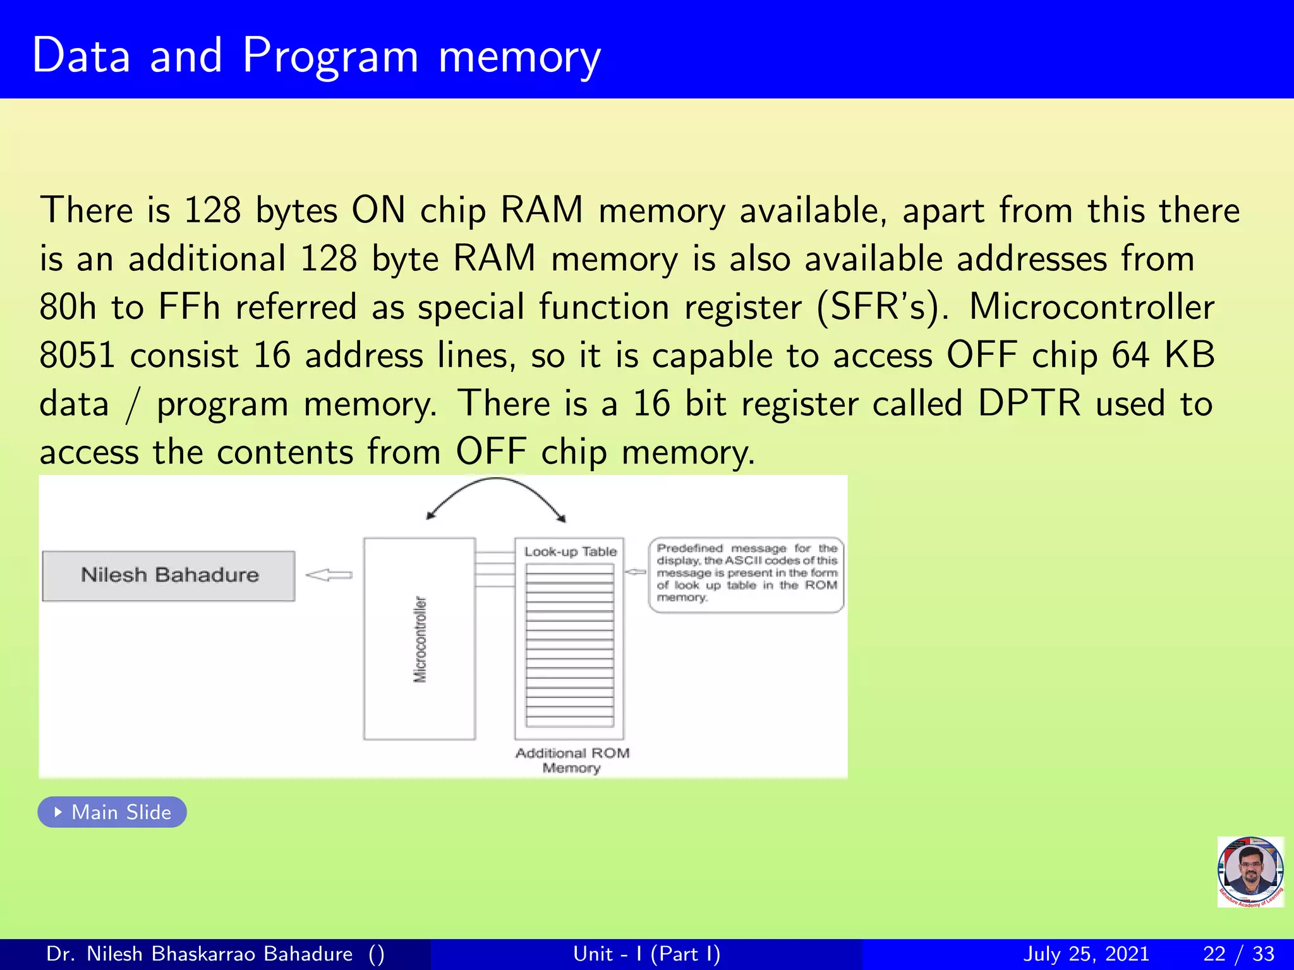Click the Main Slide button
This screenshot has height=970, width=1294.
coord(112,812)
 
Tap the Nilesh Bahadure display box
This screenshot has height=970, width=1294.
coord(169,575)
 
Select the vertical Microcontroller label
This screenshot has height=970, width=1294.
coord(420,638)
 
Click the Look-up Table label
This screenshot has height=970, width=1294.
coord(570,552)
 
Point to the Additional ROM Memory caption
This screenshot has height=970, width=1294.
coord(572,760)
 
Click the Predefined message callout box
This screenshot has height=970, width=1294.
coord(746,573)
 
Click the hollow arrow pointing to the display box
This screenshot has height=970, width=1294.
coord(329,575)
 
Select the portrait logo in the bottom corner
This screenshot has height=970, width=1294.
coord(1250,872)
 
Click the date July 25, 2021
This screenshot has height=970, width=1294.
coord(1085,954)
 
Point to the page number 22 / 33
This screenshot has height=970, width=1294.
coord(1238,954)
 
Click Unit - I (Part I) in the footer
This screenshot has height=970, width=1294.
coord(646,954)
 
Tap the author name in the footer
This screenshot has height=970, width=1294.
coord(199,954)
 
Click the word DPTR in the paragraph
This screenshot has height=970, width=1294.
coord(1029,404)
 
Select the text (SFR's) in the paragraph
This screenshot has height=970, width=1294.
coord(881,308)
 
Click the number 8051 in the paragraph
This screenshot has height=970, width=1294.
coord(77,356)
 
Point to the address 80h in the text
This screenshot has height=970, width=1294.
coord(68,308)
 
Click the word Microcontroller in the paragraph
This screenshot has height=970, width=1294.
coord(1091,308)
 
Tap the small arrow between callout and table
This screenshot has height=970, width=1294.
coord(636,572)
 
